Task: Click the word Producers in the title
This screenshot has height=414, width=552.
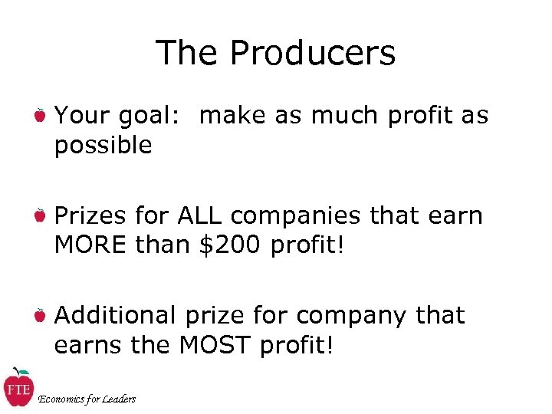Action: click(312, 53)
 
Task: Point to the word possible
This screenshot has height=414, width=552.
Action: click(103, 145)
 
